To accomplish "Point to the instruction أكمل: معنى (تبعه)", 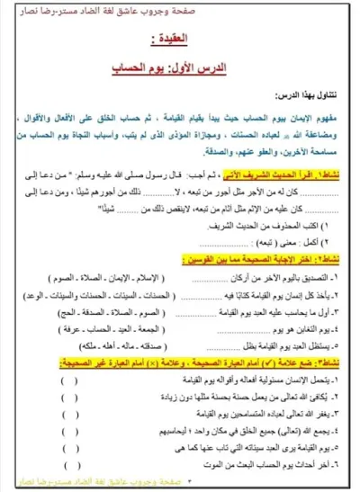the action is (288, 242).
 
